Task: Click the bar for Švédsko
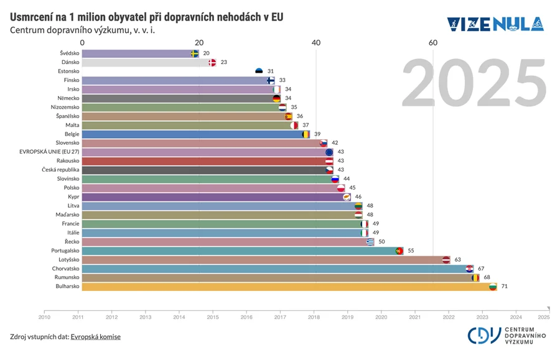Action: coord(137,53)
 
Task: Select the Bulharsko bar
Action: coord(286,287)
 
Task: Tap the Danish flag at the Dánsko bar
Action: coord(212,62)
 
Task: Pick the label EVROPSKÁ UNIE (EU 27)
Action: coord(49,152)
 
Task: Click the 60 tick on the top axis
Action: coord(433,42)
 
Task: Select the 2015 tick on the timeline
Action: coord(213,316)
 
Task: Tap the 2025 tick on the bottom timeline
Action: coord(544,316)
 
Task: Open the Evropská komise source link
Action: coord(95,336)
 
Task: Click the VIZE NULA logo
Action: coord(495,24)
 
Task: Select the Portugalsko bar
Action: coord(240,251)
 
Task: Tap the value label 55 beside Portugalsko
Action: coord(411,251)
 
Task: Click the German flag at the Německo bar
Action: coord(277,98)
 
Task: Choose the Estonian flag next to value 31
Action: coord(259,72)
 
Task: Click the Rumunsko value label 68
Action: coord(487,277)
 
